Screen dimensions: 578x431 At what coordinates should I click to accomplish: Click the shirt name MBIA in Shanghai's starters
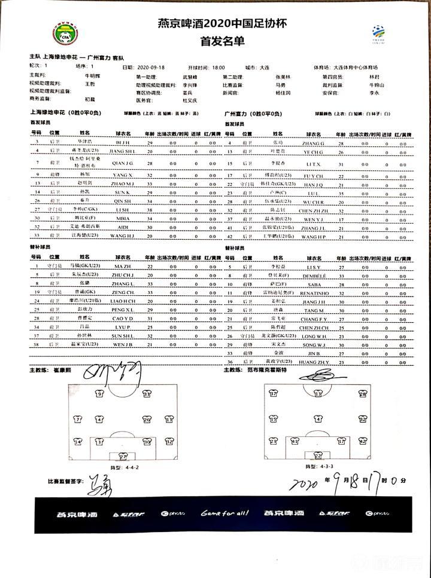[122, 219]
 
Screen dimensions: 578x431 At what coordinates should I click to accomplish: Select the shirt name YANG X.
[123, 175]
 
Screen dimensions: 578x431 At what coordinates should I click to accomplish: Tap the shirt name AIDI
[122, 228]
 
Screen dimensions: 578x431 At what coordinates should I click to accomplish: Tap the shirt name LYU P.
[123, 328]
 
